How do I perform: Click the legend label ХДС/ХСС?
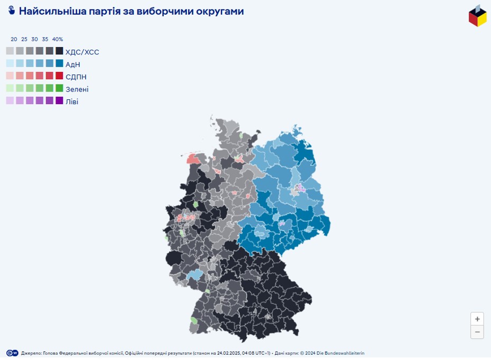point(82,52)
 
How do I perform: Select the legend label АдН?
point(73,64)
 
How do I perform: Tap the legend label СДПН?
point(76,76)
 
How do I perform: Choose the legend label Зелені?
point(77,89)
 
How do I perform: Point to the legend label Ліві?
point(72,101)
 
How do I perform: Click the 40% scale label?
point(58,39)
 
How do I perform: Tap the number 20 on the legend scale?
point(14,39)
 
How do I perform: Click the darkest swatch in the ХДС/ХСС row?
point(59,51)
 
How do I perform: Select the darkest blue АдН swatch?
point(59,63)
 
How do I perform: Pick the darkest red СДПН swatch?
point(59,76)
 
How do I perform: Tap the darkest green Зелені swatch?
point(59,88)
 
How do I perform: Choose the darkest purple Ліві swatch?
point(59,100)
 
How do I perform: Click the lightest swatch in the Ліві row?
point(10,100)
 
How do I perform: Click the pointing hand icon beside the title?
point(12,11)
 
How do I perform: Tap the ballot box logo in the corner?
point(477,16)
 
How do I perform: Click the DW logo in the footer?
point(12,353)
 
